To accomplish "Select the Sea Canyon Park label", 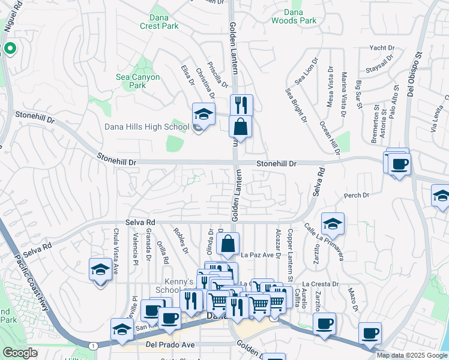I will click(x=137, y=81).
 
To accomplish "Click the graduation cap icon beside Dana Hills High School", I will click(x=203, y=115).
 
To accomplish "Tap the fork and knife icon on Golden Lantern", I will click(x=241, y=105).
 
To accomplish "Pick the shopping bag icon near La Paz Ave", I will click(x=228, y=244).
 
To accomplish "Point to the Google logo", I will click(x=20, y=353).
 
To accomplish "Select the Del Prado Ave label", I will click(x=170, y=345).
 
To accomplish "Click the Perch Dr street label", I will click(x=356, y=196).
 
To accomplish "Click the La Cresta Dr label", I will click(x=321, y=284).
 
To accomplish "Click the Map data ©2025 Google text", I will click(x=412, y=355).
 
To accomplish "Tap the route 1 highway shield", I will click(x=92, y=346).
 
